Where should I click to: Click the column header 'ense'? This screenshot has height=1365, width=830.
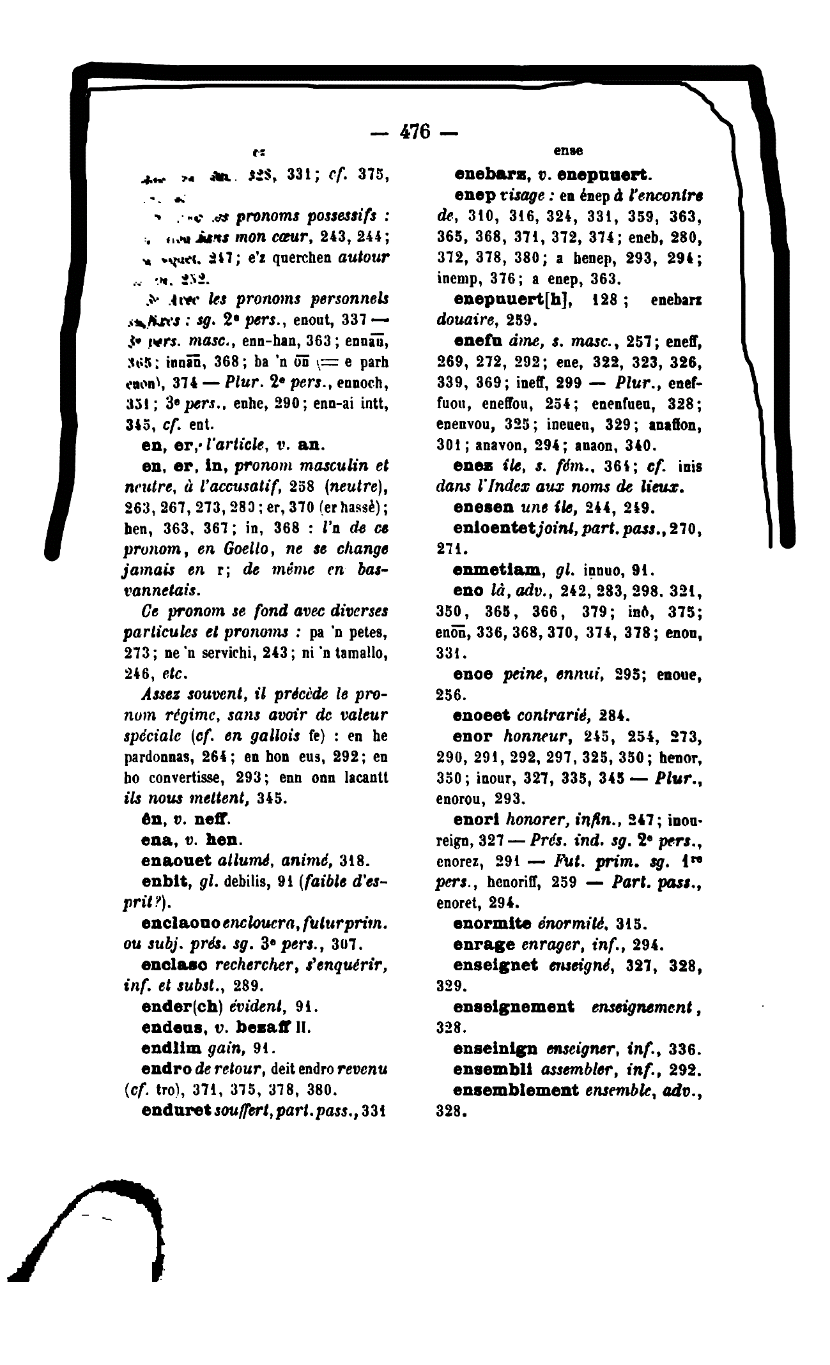coord(567,151)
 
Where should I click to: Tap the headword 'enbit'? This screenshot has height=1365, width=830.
coord(164,881)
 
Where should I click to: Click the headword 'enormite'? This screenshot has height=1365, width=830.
coord(491,924)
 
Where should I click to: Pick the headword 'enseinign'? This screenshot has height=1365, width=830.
coord(496,1049)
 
